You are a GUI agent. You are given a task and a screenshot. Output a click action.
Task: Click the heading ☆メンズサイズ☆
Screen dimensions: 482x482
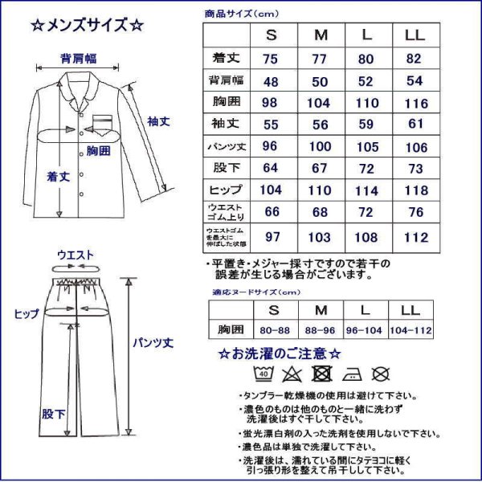[x=88, y=25]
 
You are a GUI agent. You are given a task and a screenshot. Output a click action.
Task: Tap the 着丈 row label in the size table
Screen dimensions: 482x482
[x=226, y=59]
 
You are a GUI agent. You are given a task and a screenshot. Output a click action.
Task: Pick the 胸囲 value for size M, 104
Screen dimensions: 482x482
[x=321, y=104]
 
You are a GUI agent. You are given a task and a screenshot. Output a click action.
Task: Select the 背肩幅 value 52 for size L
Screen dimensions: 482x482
[x=367, y=82]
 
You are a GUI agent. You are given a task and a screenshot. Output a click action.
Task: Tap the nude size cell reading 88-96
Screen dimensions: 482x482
[x=321, y=330]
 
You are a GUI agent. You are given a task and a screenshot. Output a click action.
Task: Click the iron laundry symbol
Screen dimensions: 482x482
[x=350, y=373]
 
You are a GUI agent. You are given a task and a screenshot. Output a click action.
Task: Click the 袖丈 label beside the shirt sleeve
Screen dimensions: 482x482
[x=157, y=121]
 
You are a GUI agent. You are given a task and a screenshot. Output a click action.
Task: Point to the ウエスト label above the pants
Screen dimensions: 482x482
[x=76, y=255]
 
